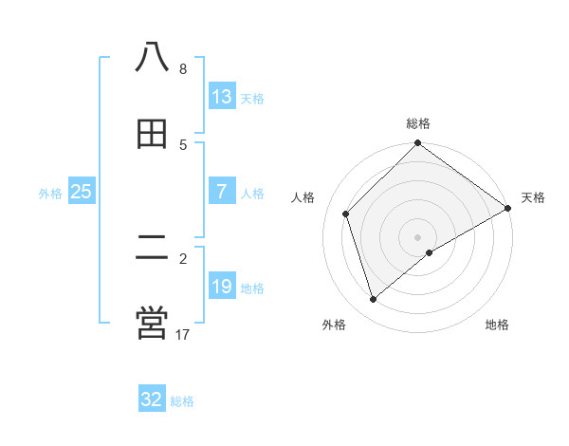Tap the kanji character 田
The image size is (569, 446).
(x=152, y=133)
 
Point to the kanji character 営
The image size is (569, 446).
(x=152, y=323)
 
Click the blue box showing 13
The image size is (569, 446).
(x=221, y=97)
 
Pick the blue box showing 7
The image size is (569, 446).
(x=221, y=192)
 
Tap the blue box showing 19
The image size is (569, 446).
(x=221, y=287)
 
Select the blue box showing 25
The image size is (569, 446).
(x=82, y=192)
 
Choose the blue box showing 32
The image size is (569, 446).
(x=152, y=400)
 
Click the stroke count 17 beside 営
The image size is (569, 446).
(x=183, y=334)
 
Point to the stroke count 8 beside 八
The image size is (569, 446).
(x=183, y=68)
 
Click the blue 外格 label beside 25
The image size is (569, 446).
(x=50, y=193)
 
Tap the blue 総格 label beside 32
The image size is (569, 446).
(x=182, y=400)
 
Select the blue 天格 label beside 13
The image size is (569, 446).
(x=252, y=98)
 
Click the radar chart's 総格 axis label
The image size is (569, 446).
(x=418, y=123)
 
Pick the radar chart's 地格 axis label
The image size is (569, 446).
(x=497, y=325)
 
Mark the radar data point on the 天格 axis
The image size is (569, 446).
(x=507, y=210)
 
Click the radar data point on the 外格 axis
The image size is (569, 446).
(x=374, y=300)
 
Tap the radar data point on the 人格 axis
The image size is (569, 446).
(x=346, y=214)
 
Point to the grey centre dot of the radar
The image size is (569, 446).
(x=418, y=236)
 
